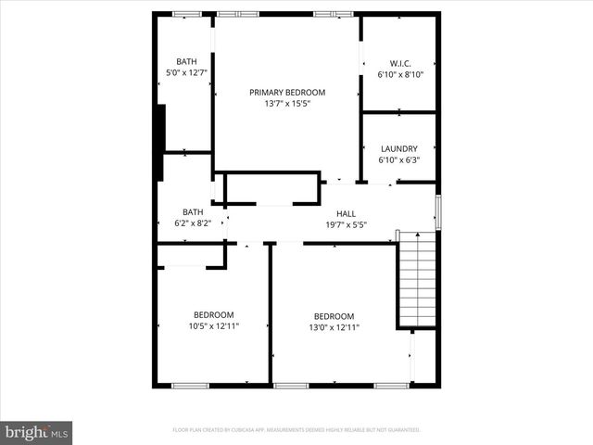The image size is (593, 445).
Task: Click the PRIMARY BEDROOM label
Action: (287, 92)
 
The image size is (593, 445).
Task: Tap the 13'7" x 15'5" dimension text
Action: (287, 103)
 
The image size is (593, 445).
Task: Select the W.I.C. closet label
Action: (400, 63)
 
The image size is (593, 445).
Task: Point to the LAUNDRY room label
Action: (398, 148)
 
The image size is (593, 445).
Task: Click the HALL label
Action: (346, 213)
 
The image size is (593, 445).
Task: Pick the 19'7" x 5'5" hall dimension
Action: (346, 224)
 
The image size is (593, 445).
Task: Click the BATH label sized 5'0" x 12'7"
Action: (187, 61)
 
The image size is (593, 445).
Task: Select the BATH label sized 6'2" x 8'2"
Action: (193, 211)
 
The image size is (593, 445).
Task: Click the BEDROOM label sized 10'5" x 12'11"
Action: (213, 314)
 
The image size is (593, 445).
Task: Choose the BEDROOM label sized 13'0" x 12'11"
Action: (334, 315)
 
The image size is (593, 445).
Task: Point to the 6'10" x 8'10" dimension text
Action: (400, 74)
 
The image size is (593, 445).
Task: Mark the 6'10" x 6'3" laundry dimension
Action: (398, 159)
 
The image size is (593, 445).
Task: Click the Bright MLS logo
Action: (36, 432)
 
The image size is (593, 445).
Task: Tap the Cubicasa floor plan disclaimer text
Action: (296, 430)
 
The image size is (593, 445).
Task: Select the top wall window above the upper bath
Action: (187, 14)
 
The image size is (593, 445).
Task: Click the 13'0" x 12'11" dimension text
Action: (334, 326)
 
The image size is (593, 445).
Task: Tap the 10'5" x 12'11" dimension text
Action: (213, 325)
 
